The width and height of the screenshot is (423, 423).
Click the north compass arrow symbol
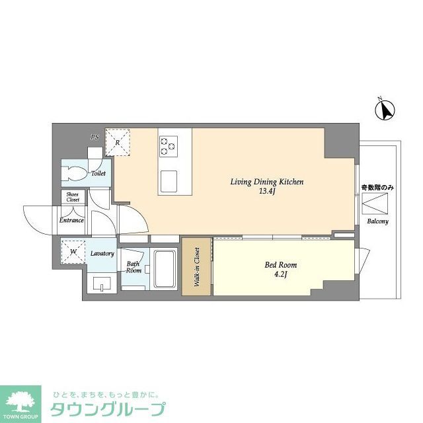[x=385, y=109]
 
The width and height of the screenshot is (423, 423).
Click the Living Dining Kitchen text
[x=266, y=182]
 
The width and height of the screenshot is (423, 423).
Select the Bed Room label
[x=280, y=265]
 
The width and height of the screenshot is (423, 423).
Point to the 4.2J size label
[x=280, y=275]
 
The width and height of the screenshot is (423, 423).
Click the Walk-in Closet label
[x=196, y=267]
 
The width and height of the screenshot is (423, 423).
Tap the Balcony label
[x=377, y=221]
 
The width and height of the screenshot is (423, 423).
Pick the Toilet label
[x=98, y=174]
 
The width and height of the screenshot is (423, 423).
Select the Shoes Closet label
[x=73, y=196]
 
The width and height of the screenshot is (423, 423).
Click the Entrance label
[x=71, y=220]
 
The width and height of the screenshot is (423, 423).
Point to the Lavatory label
[x=102, y=254]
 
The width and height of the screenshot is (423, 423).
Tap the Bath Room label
[x=134, y=268]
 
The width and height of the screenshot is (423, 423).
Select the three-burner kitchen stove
[x=169, y=145]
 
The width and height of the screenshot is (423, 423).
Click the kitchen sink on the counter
[x=169, y=178]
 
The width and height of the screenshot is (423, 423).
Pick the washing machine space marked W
[x=73, y=252]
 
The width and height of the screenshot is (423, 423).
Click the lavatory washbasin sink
[x=102, y=285]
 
